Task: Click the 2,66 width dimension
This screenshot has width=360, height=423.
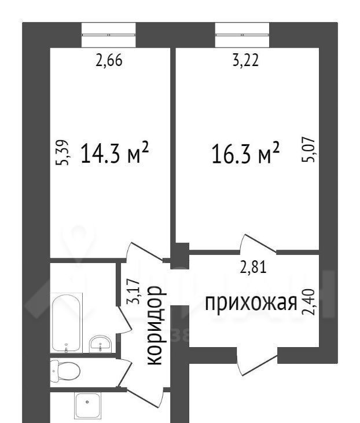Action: click(109, 60)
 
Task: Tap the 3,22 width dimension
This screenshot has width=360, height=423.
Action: click(245, 60)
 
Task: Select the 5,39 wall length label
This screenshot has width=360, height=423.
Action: click(62, 152)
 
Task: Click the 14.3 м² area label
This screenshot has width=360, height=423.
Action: click(115, 152)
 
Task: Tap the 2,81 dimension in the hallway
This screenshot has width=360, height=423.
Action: click(254, 267)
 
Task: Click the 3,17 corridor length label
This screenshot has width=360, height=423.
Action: click(134, 291)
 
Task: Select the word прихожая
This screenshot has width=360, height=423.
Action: click(251, 304)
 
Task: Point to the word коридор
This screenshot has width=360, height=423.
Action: click(155, 326)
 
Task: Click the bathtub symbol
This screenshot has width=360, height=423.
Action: click(67, 323)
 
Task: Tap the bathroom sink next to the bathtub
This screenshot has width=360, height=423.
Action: click(101, 344)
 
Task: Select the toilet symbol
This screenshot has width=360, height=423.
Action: click(65, 371)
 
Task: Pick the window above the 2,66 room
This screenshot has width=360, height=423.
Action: click(109, 35)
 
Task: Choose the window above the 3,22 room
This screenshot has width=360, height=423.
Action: click(242, 35)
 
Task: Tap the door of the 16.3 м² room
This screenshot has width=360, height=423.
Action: click(258, 244)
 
